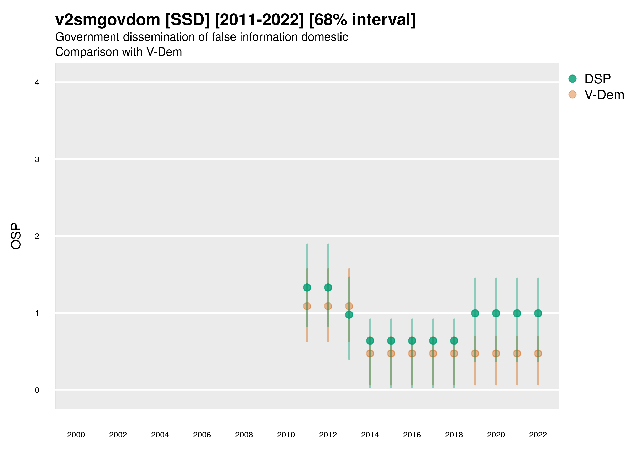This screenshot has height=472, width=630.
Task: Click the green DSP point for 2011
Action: [x=307, y=288]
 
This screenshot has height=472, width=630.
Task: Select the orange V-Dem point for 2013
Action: [x=349, y=306]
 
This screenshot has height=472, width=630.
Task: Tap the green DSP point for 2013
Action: [x=349, y=315]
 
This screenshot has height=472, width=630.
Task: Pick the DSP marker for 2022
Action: [x=538, y=313]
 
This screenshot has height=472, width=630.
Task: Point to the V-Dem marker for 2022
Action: [x=538, y=353]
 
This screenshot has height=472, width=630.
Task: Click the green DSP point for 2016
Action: [x=412, y=341]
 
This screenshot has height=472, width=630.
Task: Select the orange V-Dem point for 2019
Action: [x=475, y=353]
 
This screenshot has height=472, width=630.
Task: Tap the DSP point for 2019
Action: [x=475, y=313]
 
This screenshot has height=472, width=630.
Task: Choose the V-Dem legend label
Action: [x=604, y=95]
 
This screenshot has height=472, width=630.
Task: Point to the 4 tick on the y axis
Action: [x=37, y=83]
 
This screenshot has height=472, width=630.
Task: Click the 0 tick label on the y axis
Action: [x=37, y=390]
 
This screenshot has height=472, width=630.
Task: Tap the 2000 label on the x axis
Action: [x=76, y=435]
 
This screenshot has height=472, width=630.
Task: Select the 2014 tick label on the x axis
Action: [x=370, y=435]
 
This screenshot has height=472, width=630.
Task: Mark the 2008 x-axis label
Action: [x=244, y=435]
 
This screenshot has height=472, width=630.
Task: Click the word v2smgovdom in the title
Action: [x=108, y=20]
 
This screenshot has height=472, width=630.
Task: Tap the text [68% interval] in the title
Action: [x=362, y=20]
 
